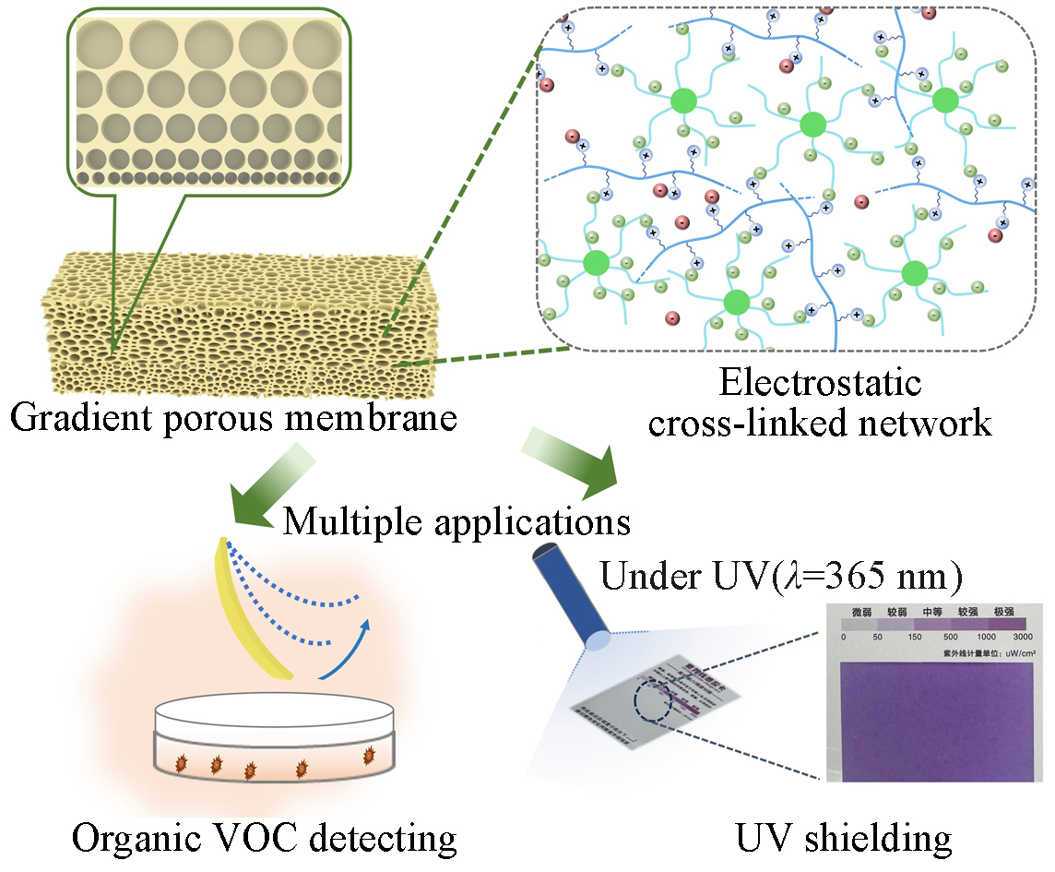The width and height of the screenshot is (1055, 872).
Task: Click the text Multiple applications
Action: tap(456, 521)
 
